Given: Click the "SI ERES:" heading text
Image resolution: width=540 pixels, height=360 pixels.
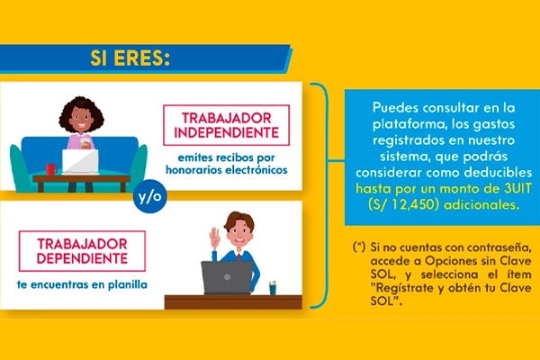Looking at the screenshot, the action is [130, 58].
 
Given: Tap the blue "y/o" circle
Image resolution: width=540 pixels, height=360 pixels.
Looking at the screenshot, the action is [149, 196].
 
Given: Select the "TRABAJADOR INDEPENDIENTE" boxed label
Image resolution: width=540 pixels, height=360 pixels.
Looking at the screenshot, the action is [226, 125].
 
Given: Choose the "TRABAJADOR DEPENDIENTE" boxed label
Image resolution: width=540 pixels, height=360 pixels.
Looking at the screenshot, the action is [82, 251].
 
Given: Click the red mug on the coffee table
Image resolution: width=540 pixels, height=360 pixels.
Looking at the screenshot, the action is [51, 169].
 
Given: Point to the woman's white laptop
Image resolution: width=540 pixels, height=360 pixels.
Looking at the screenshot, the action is [80, 162].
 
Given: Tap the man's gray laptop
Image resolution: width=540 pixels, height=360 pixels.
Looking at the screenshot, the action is [227, 278].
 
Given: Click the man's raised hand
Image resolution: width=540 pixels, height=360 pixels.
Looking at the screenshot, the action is [215, 238].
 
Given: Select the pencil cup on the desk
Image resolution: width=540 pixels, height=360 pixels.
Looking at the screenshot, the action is [273, 288].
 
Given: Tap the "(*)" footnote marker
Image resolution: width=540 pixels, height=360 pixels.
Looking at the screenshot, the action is [359, 247].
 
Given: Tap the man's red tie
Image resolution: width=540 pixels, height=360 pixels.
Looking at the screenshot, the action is [238, 257].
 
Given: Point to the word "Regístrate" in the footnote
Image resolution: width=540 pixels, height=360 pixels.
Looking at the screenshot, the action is [405, 288].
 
